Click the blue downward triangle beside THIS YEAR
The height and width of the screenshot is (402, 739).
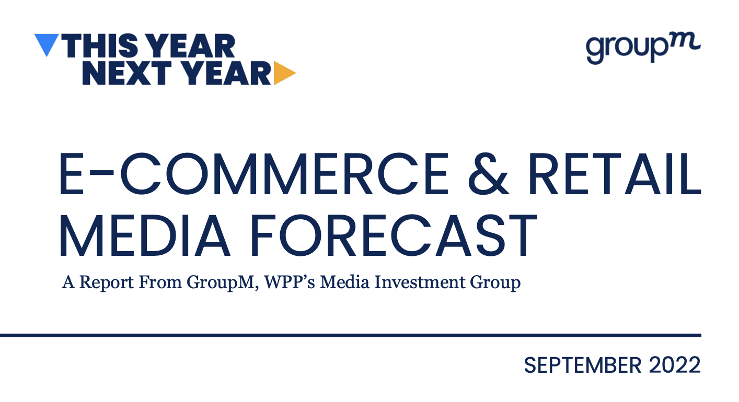pyautogui.click(x=47, y=43)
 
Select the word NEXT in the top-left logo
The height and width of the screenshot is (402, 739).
pyautogui.click(x=126, y=73)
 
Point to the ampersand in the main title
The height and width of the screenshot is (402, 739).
pyautogui.click(x=488, y=174)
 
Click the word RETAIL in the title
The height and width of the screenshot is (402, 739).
pyautogui.click(x=614, y=174)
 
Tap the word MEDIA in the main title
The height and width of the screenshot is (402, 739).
pyautogui.click(x=144, y=235)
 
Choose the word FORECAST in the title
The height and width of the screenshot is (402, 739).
pyautogui.click(x=394, y=235)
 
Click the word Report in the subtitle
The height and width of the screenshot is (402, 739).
pyautogui.click(x=107, y=283)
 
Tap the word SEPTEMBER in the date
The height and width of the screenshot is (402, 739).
pyautogui.click(x=583, y=365)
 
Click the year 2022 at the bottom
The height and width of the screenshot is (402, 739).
pyautogui.click(x=675, y=365)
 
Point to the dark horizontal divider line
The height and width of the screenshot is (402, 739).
pyautogui.click(x=350, y=336)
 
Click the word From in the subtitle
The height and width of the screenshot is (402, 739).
pyautogui.click(x=160, y=282)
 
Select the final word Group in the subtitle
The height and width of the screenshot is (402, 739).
pyautogui.click(x=495, y=283)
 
